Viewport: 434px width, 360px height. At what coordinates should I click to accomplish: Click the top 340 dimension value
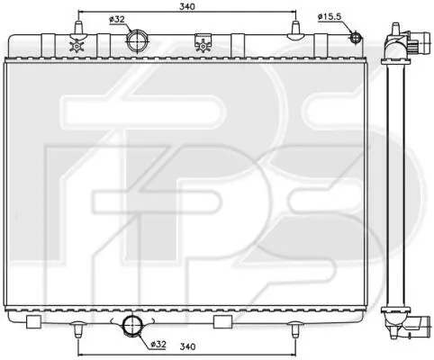(187, 6)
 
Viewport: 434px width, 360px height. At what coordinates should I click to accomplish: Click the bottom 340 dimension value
(187, 346)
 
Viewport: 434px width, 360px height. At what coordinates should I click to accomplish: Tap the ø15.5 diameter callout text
(330, 17)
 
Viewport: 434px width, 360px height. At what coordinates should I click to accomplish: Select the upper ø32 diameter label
(117, 20)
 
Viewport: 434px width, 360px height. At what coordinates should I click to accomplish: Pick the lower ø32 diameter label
(158, 345)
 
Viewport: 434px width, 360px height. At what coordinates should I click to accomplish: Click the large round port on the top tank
(138, 41)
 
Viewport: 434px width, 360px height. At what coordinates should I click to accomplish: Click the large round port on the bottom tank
(132, 326)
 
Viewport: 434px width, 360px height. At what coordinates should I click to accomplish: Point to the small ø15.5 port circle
(356, 37)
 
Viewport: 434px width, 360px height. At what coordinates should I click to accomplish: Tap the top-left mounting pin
(77, 29)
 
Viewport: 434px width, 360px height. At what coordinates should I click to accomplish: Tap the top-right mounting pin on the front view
(295, 30)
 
